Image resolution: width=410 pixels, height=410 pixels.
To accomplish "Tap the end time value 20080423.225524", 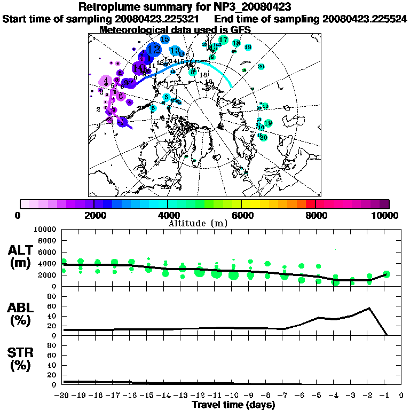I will pyautogui.click(x=364, y=19).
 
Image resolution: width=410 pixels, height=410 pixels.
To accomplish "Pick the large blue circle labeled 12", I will pyautogui.click(x=154, y=49).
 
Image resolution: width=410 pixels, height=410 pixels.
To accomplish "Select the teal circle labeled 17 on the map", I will pyautogui.click(x=223, y=40).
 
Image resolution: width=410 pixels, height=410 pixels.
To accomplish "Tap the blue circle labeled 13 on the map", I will pyautogui.click(x=175, y=51).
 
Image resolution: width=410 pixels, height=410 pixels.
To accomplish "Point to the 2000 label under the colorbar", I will pyautogui.click(x=93, y=215).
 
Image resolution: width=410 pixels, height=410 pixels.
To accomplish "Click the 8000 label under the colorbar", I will pyautogui.click(x=316, y=215).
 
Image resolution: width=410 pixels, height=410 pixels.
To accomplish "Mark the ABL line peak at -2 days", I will pyautogui.click(x=369, y=308).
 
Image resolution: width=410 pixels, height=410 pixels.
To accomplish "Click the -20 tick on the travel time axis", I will pyautogui.click(x=63, y=395).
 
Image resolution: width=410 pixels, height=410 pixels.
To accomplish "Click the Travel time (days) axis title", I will pyautogui.click(x=233, y=405).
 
